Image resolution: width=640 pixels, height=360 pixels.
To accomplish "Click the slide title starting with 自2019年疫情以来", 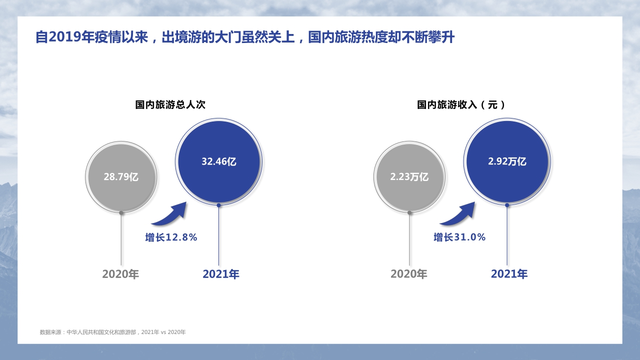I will pyautogui.click(x=244, y=37).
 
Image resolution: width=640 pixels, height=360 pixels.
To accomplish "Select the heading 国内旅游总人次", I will pyautogui.click(x=170, y=105).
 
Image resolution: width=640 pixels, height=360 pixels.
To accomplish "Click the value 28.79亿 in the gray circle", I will pyautogui.click(x=121, y=176).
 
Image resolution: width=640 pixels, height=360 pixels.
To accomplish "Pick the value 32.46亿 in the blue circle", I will pyautogui.click(x=218, y=161).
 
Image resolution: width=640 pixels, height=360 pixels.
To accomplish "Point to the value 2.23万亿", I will pyautogui.click(x=409, y=176).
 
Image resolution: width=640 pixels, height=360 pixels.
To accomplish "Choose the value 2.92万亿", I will pyautogui.click(x=507, y=161).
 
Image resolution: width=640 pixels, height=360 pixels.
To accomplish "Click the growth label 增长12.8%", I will pyautogui.click(x=171, y=237).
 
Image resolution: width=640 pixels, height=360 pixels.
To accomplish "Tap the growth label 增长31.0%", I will pyautogui.click(x=459, y=237).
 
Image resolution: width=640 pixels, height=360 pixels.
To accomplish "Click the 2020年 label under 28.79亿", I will pyautogui.click(x=120, y=274).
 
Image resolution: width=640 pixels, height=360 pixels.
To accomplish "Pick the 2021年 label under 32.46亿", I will pyautogui.click(x=221, y=274).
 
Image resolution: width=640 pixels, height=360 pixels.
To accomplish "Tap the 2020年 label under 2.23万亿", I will pyautogui.click(x=409, y=274).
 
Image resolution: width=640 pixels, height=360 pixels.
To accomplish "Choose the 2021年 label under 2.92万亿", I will pyautogui.click(x=509, y=274).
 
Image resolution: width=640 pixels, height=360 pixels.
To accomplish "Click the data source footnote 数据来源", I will pyautogui.click(x=112, y=332).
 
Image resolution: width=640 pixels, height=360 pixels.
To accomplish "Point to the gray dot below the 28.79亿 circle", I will pyautogui.click(x=121, y=212).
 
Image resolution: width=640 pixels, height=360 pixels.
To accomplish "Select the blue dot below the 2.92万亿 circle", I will pyautogui.click(x=507, y=205).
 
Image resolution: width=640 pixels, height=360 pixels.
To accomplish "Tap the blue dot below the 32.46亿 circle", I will pyautogui.click(x=218, y=205).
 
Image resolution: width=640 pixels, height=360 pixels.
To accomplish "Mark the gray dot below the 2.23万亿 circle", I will pyautogui.click(x=409, y=212).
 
